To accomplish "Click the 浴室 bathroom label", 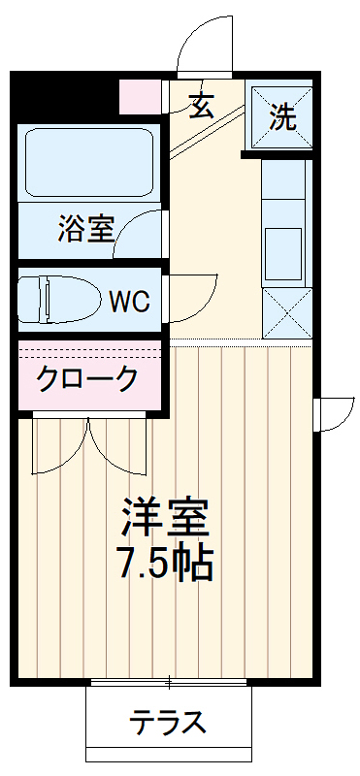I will [85, 230].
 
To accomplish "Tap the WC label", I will [128, 302].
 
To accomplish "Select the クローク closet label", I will [87, 378].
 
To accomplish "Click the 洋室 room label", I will [166, 517].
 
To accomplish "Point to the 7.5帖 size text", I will [166, 563].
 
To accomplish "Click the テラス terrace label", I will [169, 723].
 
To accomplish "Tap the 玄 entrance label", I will [202, 105].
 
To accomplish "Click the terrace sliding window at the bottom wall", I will [171, 685].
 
